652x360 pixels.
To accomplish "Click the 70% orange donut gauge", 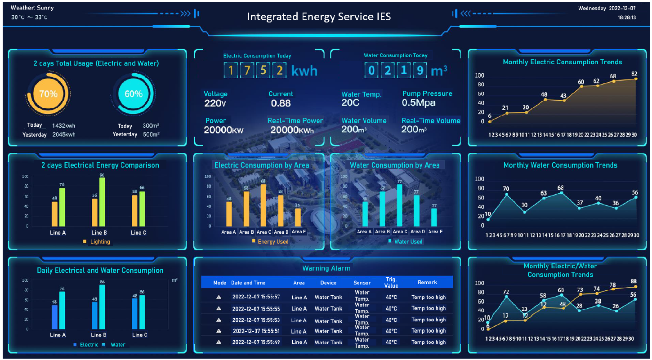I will (48, 94).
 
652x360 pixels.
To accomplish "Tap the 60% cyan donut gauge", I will (133, 94).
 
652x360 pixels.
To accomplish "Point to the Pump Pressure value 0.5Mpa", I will (419, 103).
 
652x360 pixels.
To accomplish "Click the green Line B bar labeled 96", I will (102, 202).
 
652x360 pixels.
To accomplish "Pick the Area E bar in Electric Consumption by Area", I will (298, 217).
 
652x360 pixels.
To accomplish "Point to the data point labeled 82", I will (636, 79).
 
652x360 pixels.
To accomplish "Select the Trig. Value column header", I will (391, 282).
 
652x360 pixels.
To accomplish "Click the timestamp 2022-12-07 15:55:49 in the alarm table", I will (256, 342).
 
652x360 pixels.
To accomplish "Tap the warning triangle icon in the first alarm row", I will (219, 297).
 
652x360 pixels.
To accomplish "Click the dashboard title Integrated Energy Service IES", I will (318, 17).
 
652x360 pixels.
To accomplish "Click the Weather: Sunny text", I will (32, 8).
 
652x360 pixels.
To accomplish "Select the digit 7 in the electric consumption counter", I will (246, 71).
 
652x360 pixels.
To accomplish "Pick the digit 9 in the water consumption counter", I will (419, 71).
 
